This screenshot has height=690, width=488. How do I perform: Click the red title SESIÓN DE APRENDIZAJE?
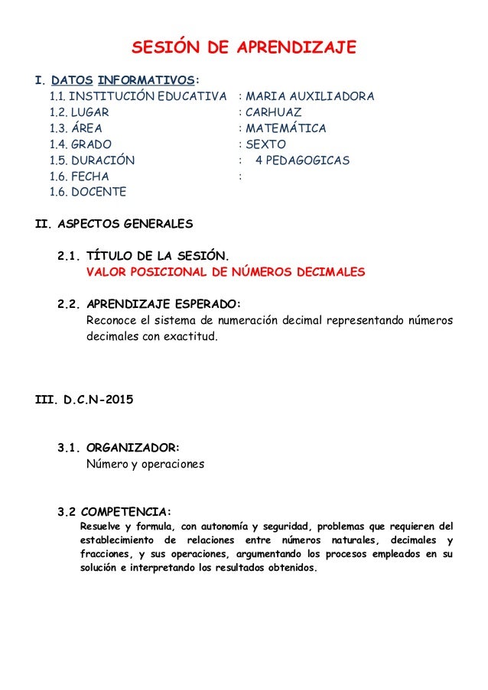(244, 48)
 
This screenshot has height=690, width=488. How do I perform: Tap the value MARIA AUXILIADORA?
(310, 96)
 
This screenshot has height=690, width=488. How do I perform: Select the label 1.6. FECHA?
(79, 177)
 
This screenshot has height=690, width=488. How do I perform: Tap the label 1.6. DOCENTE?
(87, 193)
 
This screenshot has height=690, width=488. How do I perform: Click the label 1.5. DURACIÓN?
(92, 160)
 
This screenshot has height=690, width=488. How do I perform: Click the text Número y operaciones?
(145, 464)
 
